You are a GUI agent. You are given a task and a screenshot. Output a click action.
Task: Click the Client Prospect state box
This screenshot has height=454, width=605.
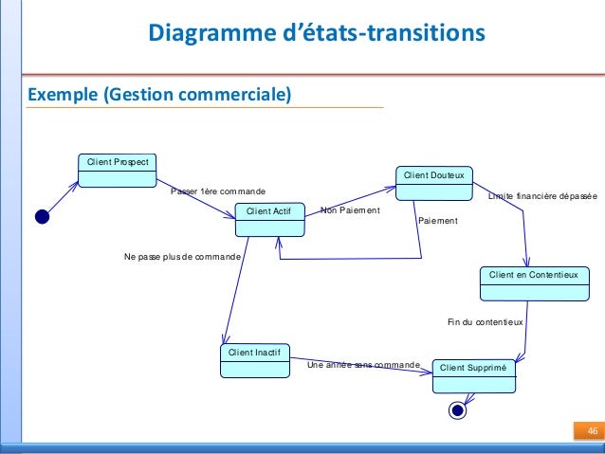pyautogui.click(x=118, y=170)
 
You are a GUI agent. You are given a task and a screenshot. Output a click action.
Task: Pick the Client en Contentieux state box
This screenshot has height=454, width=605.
pyautogui.click(x=533, y=281)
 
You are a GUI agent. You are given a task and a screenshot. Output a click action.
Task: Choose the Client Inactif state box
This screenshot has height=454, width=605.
pyautogui.click(x=253, y=360)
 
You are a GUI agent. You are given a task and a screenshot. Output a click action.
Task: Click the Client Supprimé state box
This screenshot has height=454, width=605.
pyautogui.click(x=473, y=374)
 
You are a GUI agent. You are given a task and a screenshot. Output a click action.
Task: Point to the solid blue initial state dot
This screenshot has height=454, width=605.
pyautogui.click(x=42, y=216)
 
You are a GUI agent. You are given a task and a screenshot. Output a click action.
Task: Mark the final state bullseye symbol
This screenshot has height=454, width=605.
pyautogui.click(x=458, y=410)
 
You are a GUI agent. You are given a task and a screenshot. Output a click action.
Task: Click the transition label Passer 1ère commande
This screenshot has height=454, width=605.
pyautogui.click(x=212, y=191)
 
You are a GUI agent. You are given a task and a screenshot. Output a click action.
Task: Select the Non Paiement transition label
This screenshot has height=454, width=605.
pyautogui.click(x=350, y=210)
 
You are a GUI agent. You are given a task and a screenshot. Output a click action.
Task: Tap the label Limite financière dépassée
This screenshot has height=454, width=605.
pyautogui.click(x=542, y=196)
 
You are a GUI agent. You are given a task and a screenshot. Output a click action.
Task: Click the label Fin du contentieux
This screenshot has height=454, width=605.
pyautogui.click(x=485, y=322)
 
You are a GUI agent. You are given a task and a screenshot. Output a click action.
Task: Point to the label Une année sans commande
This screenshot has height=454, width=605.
pyautogui.click(x=363, y=364)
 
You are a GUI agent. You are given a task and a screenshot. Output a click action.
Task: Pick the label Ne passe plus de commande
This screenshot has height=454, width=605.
pyautogui.click(x=183, y=257)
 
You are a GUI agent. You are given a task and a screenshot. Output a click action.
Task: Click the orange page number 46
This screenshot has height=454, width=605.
pyautogui.click(x=592, y=432)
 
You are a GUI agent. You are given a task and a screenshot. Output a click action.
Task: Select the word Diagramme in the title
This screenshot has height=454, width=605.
pyautogui.click(x=205, y=35)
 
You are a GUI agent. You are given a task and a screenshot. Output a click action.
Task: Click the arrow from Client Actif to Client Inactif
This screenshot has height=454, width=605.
pyautogui.click(x=236, y=284)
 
